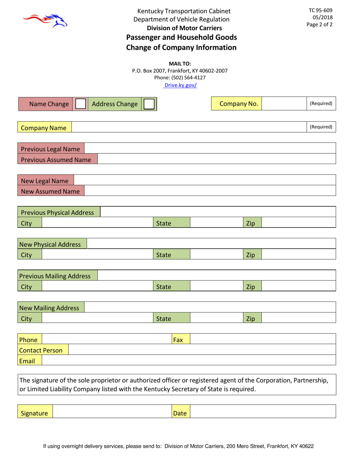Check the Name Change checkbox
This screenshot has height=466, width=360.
pyautogui.click(x=80, y=104)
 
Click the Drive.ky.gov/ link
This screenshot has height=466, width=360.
pyautogui.click(x=180, y=85)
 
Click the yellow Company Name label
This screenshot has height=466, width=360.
pyautogui.click(x=44, y=128)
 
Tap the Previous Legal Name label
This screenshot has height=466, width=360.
pyautogui.click(x=50, y=149)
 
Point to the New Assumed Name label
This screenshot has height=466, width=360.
pyautogui.click(x=50, y=191)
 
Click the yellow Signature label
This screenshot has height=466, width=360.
pyautogui.click(x=34, y=413)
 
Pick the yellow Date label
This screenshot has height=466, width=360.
pyautogui.click(x=180, y=413)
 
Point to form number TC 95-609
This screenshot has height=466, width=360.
pyautogui.click(x=320, y=11)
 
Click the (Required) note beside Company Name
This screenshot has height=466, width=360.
pyautogui.click(x=321, y=127)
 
